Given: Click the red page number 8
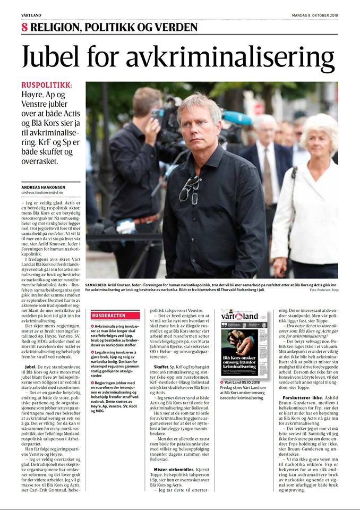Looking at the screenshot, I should tap(24, 28).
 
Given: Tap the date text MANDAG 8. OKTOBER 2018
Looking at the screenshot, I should tap(315, 15).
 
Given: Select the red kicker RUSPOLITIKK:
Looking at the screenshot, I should tap(46, 86).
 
